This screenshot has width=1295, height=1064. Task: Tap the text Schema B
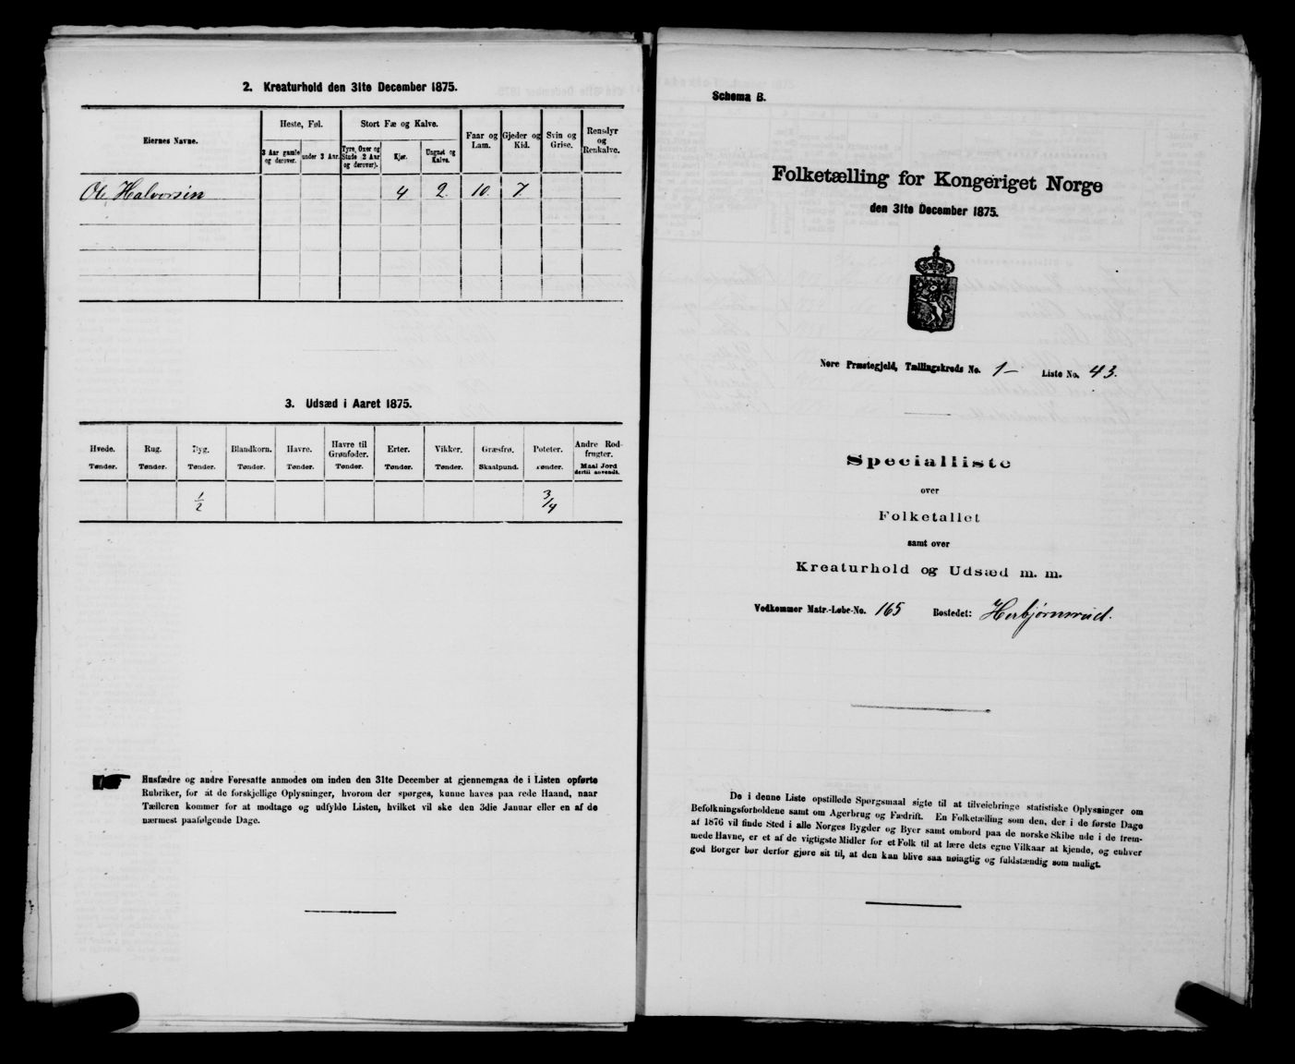pos(739,98)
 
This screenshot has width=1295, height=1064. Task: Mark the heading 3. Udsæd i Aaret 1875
pos(348,403)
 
